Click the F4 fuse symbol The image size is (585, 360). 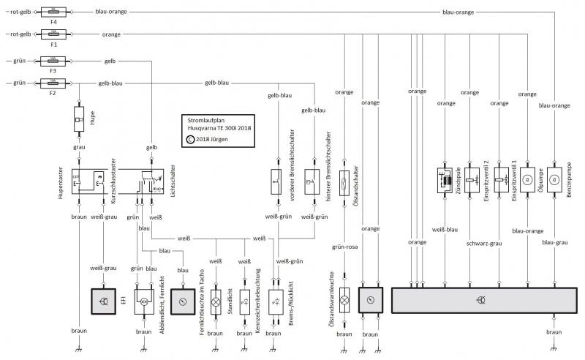(x=53, y=12)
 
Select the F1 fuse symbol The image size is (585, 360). (x=53, y=34)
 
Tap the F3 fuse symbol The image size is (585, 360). (x=53, y=61)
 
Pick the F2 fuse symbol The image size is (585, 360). (x=53, y=83)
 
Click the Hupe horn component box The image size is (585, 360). (x=79, y=119)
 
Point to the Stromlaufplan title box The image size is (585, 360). (x=218, y=131)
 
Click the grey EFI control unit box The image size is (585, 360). (x=104, y=301)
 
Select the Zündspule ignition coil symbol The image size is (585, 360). (x=445, y=181)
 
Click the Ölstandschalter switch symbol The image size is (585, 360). (x=344, y=183)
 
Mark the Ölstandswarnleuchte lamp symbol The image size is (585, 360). (x=344, y=300)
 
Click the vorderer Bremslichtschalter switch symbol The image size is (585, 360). (x=276, y=182)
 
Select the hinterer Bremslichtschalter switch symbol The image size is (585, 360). (x=312, y=182)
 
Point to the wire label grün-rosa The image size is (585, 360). (x=344, y=247)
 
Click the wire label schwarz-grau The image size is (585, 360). (x=484, y=244)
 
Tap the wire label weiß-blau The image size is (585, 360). (x=445, y=230)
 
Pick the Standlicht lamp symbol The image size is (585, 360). (x=245, y=301)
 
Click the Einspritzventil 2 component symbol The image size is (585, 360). (x=472, y=181)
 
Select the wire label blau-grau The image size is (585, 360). (x=555, y=242)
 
